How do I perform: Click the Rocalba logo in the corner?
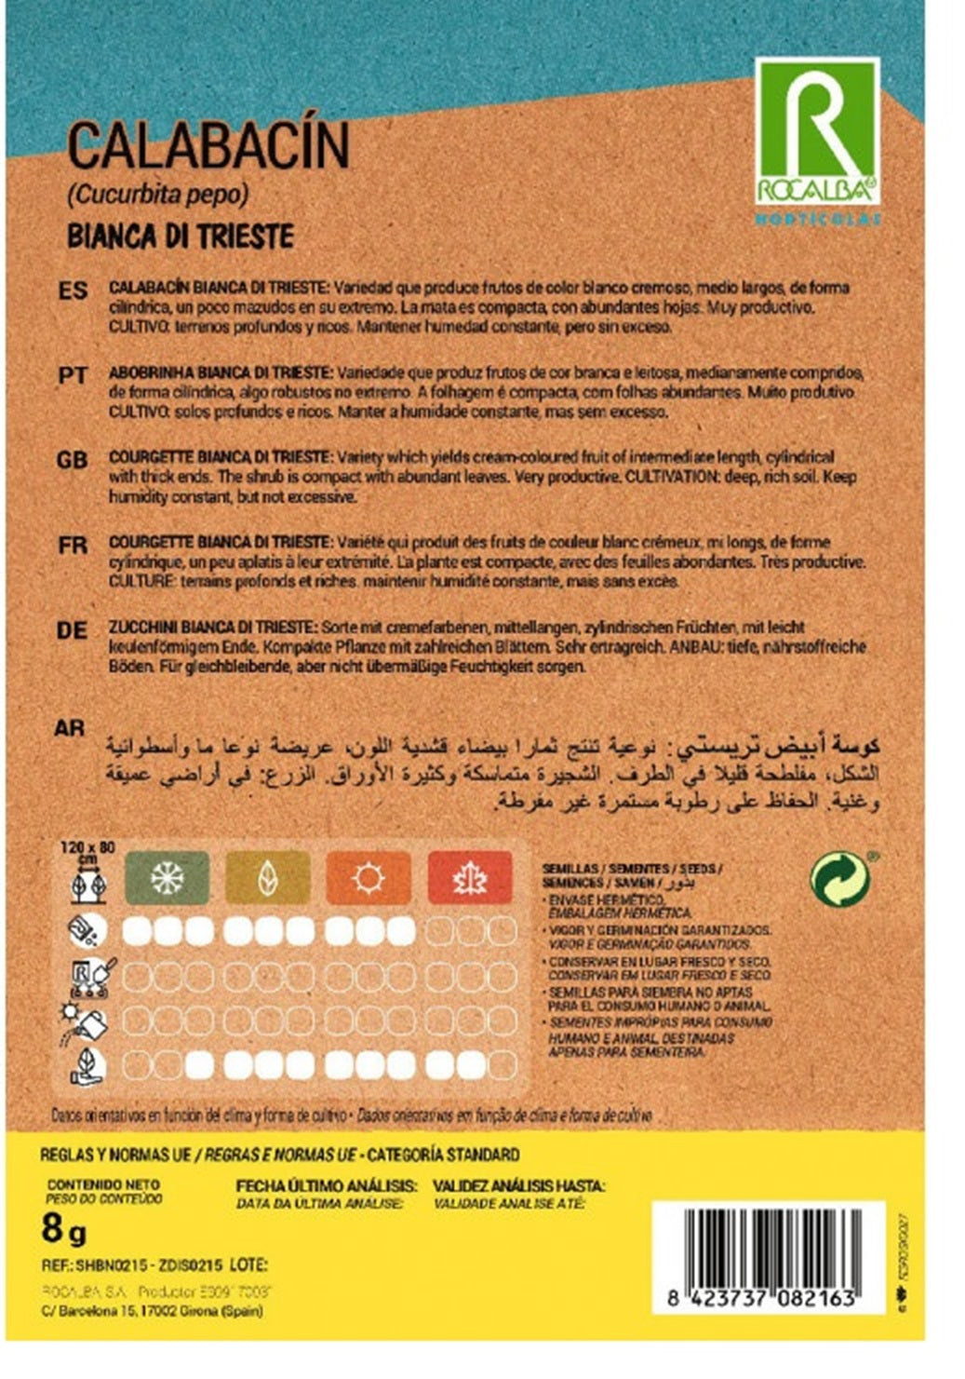coord(817,131)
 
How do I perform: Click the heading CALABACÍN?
coord(209,146)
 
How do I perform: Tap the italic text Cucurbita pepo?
coord(157,196)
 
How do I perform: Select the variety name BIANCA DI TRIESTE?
coord(181,236)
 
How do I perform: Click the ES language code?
coord(73,291)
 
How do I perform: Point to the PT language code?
coord(73,376)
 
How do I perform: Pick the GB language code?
coord(73,461)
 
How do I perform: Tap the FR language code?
coord(73,546)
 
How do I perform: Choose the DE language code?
coord(73,630)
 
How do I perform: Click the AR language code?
coord(70,728)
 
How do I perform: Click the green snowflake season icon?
coord(168,877)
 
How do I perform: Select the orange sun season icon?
coord(369,877)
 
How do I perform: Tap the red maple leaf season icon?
coord(470,877)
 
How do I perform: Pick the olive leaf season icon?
coord(268,877)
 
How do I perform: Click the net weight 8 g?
coord(64,1229)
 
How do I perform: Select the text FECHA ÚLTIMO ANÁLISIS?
coord(326,1186)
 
